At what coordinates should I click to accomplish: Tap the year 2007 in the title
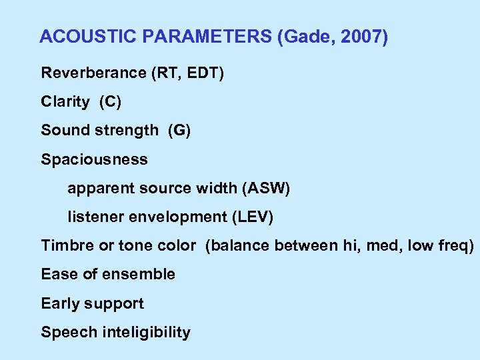(x=364, y=37)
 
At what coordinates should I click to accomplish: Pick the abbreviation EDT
(x=203, y=73)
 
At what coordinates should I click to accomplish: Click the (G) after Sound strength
(x=179, y=131)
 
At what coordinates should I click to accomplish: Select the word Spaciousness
(x=94, y=160)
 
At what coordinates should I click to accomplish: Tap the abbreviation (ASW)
(x=267, y=189)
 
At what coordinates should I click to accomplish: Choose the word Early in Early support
(x=59, y=304)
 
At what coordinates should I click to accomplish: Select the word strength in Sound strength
(x=128, y=131)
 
